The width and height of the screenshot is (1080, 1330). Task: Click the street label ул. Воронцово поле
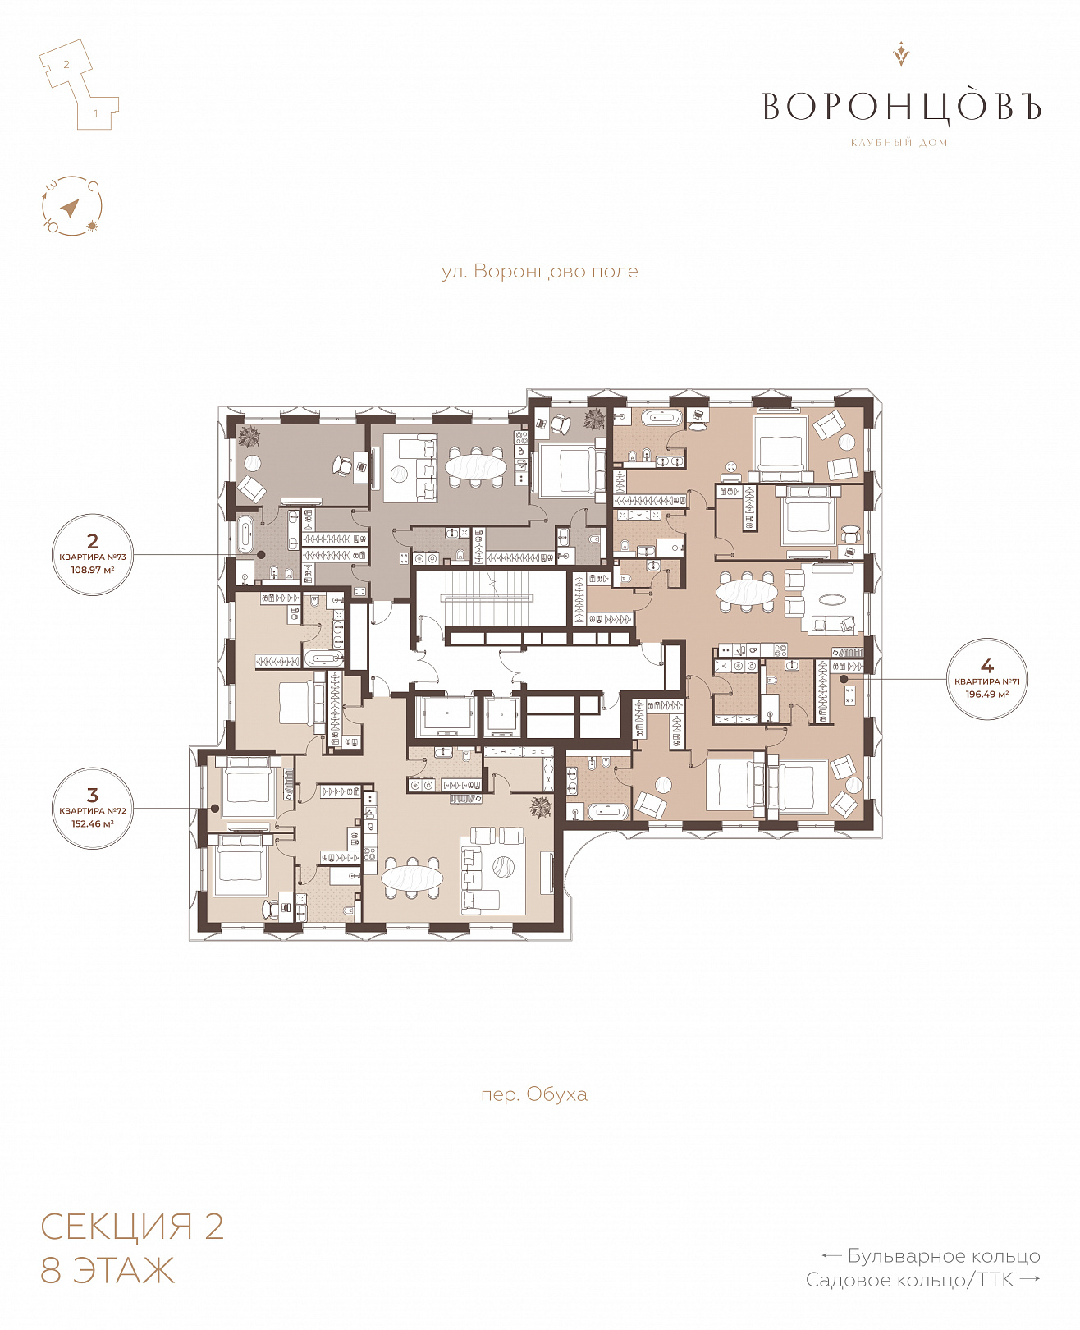[x=539, y=272]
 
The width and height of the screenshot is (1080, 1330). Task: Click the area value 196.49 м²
[x=987, y=695]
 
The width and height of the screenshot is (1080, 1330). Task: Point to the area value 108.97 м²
[x=93, y=570]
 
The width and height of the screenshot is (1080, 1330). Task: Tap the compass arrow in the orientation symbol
[x=71, y=207]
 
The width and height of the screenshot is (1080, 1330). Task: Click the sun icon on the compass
[x=93, y=226]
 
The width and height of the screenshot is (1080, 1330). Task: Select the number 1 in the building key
[x=95, y=113]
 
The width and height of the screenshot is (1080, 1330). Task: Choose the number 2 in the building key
[x=66, y=64]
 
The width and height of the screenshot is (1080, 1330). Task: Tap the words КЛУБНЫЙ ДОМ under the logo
[x=899, y=142]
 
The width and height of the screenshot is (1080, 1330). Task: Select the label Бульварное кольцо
[x=943, y=1256]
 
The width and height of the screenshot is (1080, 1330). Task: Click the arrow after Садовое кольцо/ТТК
[x=1030, y=1279]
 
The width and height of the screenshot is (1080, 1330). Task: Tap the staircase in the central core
[x=487, y=598]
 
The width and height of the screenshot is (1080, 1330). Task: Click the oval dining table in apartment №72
[x=412, y=878]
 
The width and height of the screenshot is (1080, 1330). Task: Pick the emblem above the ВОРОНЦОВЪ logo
[x=900, y=53]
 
